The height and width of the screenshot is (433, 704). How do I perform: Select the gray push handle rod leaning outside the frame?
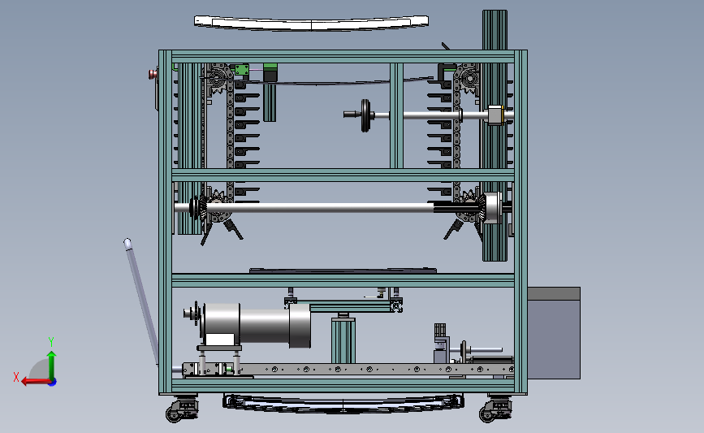point(141,301)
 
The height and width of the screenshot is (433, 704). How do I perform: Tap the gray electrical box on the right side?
point(554,333)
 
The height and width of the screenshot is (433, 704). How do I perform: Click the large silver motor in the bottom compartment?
point(253,325)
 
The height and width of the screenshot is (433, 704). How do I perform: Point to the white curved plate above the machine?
point(311,23)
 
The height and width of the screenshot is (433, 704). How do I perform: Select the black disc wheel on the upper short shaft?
point(365,115)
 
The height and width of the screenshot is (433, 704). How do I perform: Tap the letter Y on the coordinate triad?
point(51,342)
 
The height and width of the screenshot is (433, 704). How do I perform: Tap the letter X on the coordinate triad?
point(16,377)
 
